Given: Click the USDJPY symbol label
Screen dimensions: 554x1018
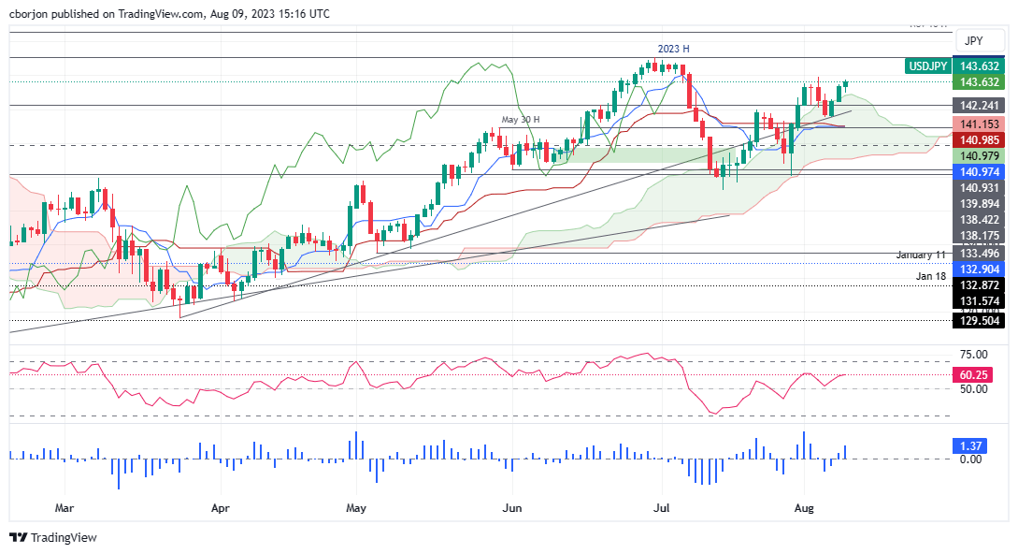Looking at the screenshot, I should (927, 66).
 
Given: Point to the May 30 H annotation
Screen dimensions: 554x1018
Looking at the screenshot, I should (522, 120).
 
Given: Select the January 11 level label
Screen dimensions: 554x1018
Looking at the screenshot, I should (922, 255).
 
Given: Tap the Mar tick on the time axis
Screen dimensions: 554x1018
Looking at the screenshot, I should (64, 509).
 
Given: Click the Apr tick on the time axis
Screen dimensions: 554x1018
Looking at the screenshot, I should (221, 509).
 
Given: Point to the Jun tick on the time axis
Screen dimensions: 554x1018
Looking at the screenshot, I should (513, 509).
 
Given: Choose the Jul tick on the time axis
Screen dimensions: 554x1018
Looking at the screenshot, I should (660, 509).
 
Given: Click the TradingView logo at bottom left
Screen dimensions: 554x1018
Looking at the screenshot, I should (53, 537).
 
